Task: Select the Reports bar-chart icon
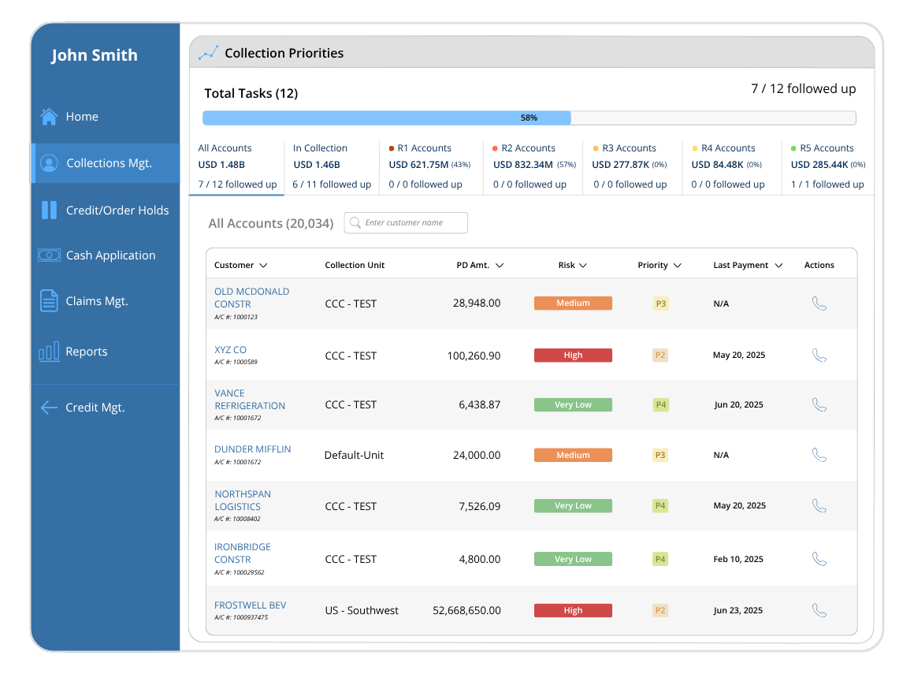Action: coord(49,352)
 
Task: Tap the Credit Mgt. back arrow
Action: coord(49,408)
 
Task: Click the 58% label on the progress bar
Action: coord(529,117)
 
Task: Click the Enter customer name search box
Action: coord(406,223)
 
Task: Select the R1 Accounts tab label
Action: coord(425,148)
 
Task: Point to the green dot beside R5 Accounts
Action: coord(793,149)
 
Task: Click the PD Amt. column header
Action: coord(473,266)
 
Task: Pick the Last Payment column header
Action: coord(741,266)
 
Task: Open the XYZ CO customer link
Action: coord(230,350)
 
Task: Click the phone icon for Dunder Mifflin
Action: coord(819,455)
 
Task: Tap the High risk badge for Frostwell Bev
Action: coord(573,610)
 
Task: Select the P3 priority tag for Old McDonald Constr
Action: coord(660,303)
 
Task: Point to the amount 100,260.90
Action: coord(474,356)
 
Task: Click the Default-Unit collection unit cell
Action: coord(354,456)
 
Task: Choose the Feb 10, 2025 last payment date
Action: coord(738,559)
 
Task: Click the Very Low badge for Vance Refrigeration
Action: coord(573,404)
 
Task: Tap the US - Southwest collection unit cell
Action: coord(362,610)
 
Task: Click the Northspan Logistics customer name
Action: coord(243,501)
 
